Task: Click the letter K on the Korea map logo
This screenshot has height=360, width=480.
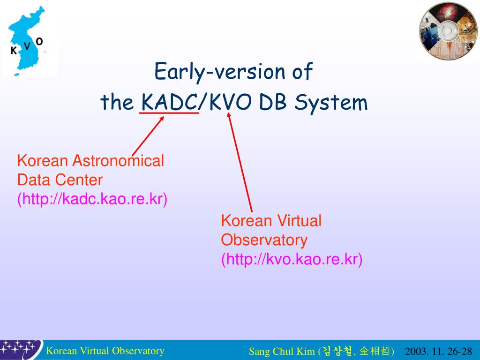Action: [x=14, y=51]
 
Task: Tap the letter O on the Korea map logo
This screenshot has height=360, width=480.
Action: [x=39, y=41]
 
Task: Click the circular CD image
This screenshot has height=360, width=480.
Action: [x=448, y=31]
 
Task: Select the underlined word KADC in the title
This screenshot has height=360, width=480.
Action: [x=169, y=102]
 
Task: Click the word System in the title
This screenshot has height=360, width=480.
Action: [x=331, y=103]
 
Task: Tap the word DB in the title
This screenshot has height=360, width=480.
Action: [x=273, y=102]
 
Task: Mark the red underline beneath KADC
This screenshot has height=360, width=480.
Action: [x=169, y=113]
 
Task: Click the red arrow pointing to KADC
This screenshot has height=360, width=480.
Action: [x=148, y=136]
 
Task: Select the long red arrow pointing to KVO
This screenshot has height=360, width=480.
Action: [x=240, y=162]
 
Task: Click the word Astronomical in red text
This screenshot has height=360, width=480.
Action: [x=118, y=161]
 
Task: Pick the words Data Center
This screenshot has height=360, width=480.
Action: [x=60, y=180]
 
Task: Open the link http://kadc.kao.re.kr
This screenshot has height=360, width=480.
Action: [x=92, y=199]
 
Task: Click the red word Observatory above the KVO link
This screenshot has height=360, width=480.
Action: [x=264, y=240]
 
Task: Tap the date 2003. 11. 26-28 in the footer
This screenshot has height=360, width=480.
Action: [x=438, y=351]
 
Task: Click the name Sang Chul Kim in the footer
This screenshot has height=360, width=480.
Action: [x=282, y=351]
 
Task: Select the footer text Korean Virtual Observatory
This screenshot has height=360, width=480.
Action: [x=105, y=351]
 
